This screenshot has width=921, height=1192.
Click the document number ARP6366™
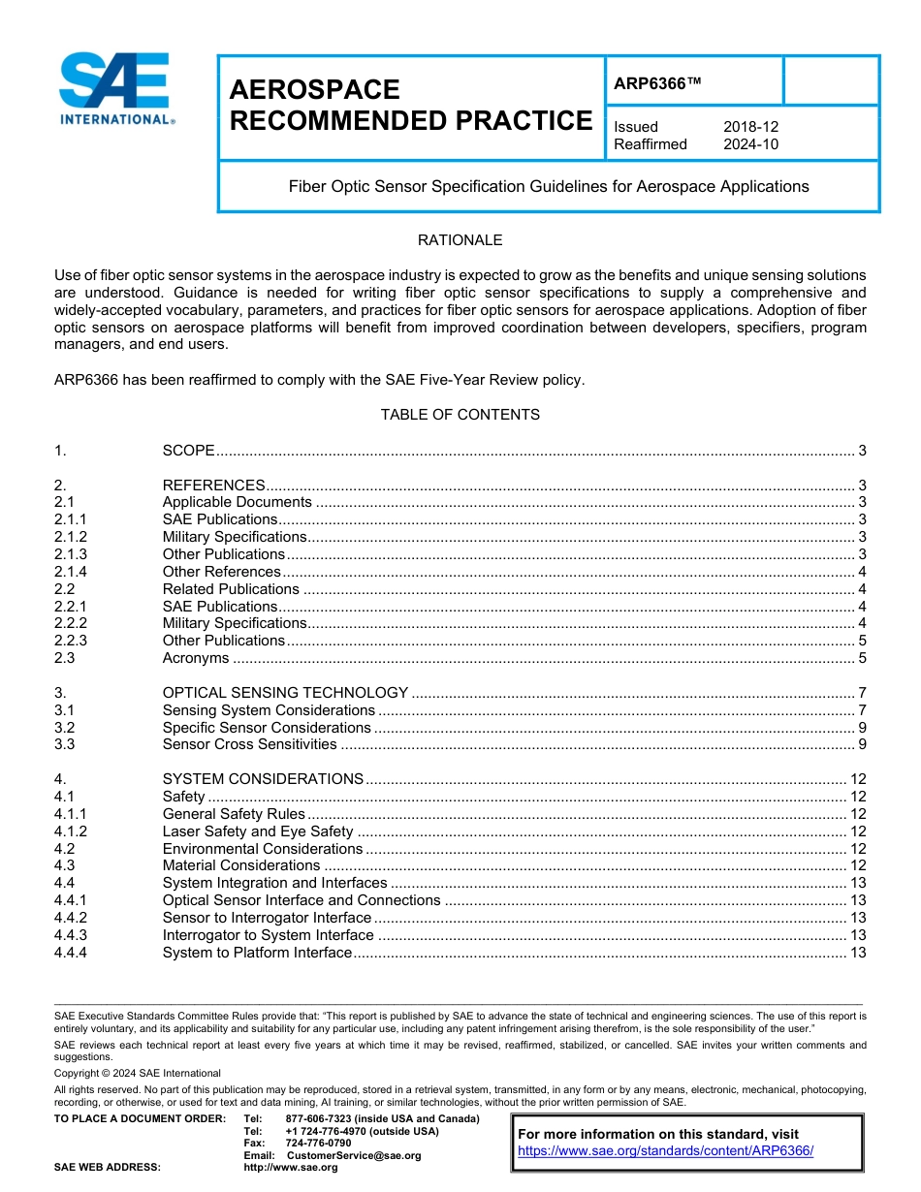656,83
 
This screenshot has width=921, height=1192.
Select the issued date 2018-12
750,127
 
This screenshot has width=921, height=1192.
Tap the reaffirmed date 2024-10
750,144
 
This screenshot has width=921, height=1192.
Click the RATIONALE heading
460,240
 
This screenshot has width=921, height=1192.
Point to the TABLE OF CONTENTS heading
460,415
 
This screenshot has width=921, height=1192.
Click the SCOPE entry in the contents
188,451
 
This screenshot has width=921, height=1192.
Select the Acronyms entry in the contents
196,658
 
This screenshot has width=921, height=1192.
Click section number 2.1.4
71,572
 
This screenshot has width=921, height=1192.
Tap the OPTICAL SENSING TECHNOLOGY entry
285,693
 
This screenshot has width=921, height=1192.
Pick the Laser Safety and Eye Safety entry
258,831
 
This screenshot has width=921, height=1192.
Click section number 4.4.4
71,953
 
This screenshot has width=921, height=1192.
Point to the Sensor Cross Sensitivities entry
249,744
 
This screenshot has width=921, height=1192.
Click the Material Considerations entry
240,865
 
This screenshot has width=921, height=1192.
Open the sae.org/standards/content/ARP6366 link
665,1151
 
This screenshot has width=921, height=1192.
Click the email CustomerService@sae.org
354,1155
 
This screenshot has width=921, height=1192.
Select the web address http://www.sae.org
290,1168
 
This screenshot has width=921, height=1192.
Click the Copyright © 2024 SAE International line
138,1074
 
